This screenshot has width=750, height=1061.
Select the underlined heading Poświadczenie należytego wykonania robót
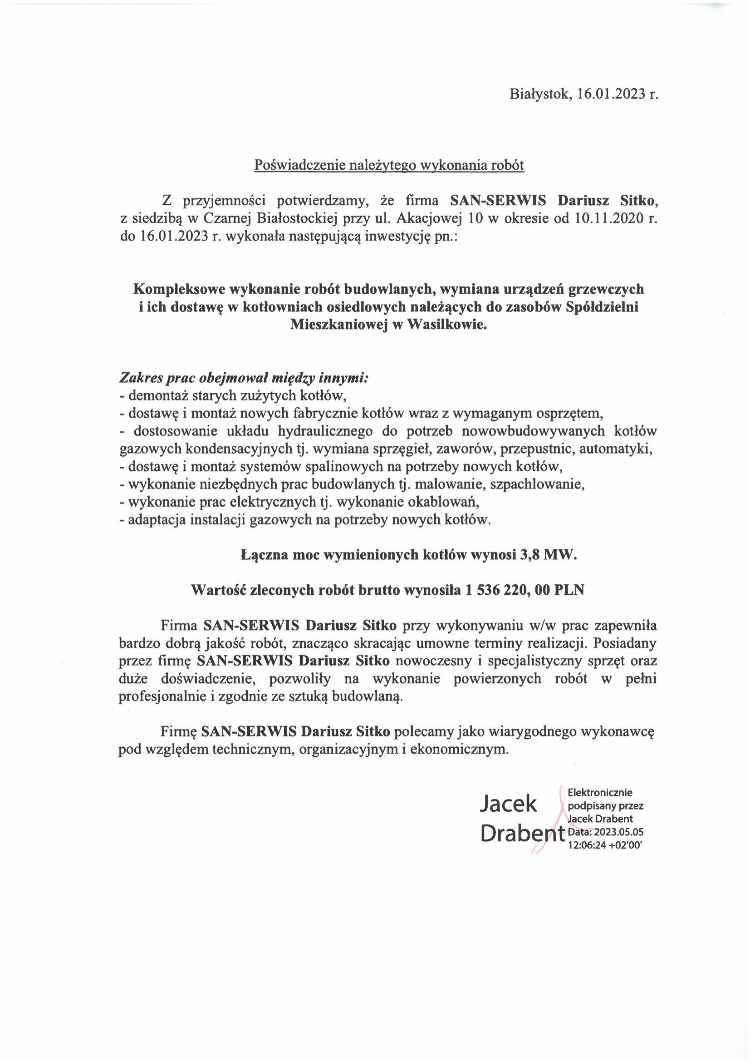tap(389, 165)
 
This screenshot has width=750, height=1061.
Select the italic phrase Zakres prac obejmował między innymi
tap(244, 378)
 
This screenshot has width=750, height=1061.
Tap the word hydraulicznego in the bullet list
tap(326, 431)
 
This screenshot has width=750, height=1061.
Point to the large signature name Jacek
tap(509, 804)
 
